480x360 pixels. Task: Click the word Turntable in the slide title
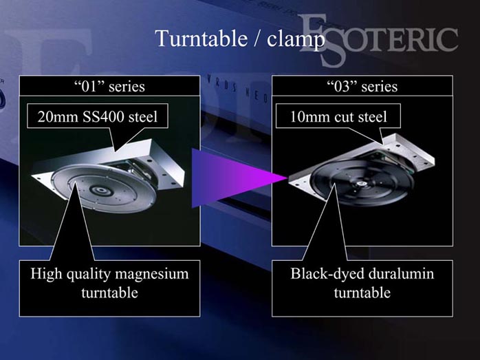click(x=201, y=39)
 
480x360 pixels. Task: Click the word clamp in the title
click(x=295, y=39)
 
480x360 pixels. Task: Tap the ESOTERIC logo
click(x=380, y=40)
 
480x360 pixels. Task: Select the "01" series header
click(x=109, y=86)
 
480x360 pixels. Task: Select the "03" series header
click(x=362, y=86)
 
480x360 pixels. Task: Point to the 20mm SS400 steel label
click(x=98, y=116)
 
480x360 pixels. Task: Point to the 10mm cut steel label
click(x=338, y=116)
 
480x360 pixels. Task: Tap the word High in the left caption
click(x=47, y=274)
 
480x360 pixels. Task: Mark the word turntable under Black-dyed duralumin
click(x=362, y=293)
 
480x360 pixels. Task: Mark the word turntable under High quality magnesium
click(x=109, y=293)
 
